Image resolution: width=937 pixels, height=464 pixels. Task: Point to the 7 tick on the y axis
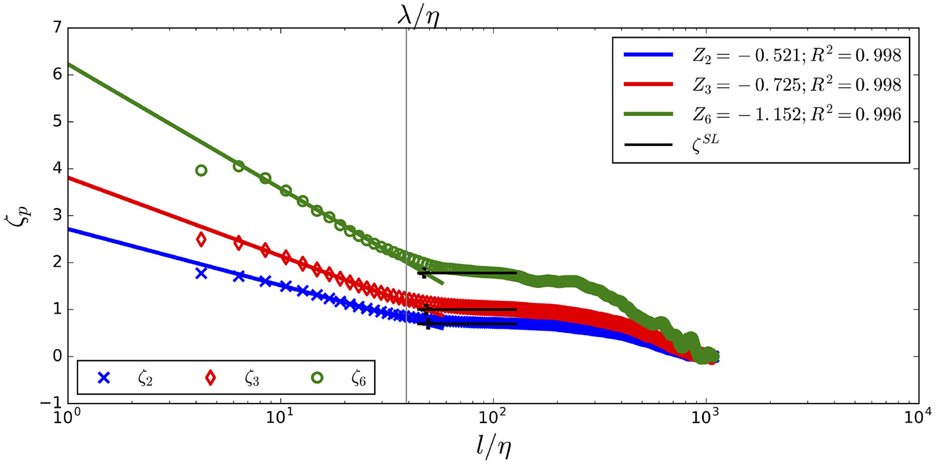click(x=52, y=28)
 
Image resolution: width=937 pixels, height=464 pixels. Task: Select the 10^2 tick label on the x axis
click(x=493, y=419)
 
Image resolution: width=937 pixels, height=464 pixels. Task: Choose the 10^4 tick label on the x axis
click(x=919, y=419)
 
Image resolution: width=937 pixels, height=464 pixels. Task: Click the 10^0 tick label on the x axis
click(x=67, y=419)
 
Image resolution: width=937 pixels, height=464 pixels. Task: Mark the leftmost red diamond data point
click(x=201, y=240)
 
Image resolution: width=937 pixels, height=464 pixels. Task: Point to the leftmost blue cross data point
click(x=201, y=274)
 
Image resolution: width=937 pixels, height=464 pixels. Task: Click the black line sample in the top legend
click(x=648, y=145)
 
